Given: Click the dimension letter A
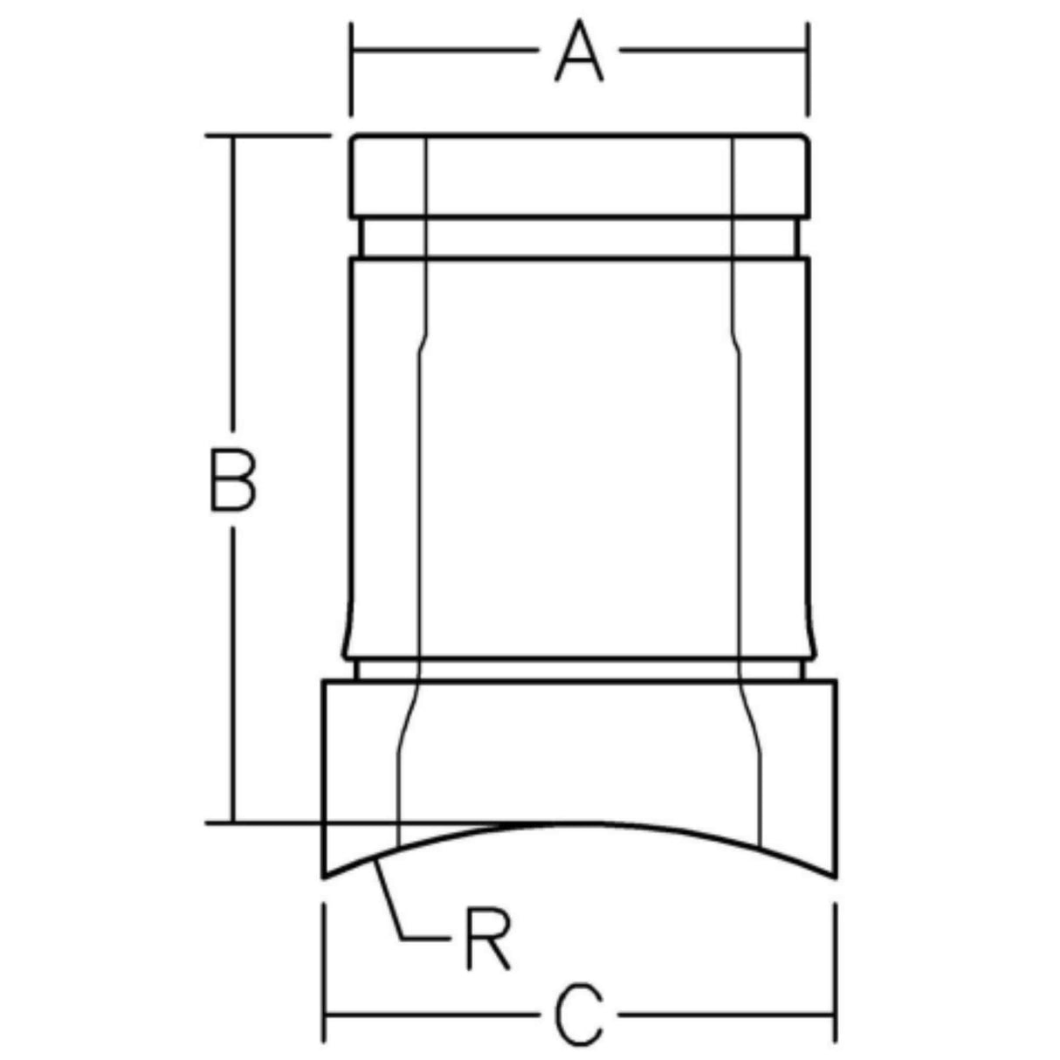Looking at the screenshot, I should pos(579,53).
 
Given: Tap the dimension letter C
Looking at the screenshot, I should pos(580,1015).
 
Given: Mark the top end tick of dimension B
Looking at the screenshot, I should pos(233,136).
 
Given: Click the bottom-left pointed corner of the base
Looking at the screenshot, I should pos(325,877).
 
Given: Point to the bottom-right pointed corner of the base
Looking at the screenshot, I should pos(836,877).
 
